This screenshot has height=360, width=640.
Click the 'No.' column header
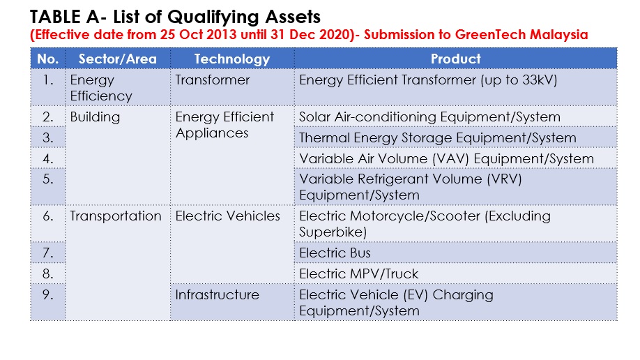tap(47, 59)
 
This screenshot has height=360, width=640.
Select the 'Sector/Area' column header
tap(118, 59)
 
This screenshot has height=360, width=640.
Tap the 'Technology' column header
tap(232, 59)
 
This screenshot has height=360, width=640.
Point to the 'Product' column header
tap(455, 59)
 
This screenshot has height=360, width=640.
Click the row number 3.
tap(47, 137)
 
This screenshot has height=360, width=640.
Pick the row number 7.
tap(47, 253)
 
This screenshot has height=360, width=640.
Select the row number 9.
tap(47, 294)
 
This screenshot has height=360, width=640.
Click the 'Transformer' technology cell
tap(212, 80)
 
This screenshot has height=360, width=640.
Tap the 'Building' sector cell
tap(95, 117)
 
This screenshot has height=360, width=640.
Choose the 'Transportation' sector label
tap(116, 216)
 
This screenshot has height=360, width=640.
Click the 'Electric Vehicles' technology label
tap(228, 216)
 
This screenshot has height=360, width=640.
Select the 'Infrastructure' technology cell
tap(217, 294)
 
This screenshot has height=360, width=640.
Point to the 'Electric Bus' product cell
tap(335, 253)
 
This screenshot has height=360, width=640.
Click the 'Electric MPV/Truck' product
tap(359, 273)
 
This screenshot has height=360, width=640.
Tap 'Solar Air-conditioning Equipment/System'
tap(429, 117)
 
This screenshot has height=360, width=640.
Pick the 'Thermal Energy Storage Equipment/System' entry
tap(438, 138)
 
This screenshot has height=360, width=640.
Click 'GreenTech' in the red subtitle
tap(490, 35)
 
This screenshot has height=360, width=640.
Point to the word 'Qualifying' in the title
tap(214, 17)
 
